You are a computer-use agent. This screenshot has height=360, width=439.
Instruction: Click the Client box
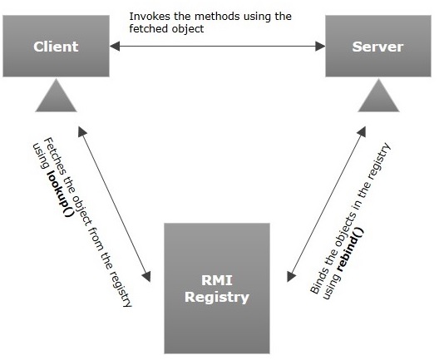click(x=56, y=46)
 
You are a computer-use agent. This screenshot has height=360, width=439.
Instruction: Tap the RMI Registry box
click(x=216, y=288)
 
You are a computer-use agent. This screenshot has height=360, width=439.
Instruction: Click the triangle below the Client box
click(x=56, y=99)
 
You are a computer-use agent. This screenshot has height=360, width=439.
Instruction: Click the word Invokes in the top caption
click(x=147, y=17)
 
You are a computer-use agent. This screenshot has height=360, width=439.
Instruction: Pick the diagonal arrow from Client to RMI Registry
click(x=114, y=203)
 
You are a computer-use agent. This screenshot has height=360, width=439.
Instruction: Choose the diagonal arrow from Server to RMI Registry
click(x=325, y=203)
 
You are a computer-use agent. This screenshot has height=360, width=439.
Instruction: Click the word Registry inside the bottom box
click(x=216, y=297)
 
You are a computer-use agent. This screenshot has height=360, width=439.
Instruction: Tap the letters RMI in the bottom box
click(x=216, y=279)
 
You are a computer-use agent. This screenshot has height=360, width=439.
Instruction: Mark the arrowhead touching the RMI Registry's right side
click(x=289, y=275)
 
